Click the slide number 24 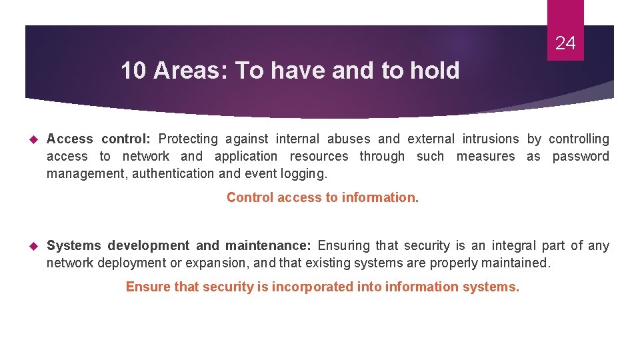pos(565,44)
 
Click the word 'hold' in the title pos(434,71)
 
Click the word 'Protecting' pos(188,139)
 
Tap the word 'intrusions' pos(490,139)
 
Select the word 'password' pos(581,157)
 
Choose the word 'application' pos(246,157)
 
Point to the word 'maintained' pos(514,263)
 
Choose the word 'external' pos(431,139)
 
